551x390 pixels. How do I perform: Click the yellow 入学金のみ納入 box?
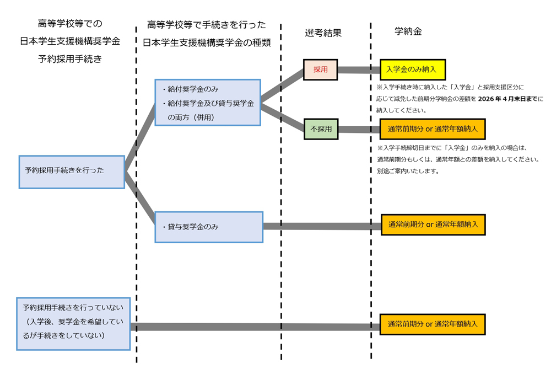[x=412, y=70]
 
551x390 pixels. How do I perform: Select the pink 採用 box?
[x=320, y=70]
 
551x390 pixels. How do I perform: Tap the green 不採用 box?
[x=321, y=129]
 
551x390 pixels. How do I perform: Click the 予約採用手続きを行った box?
[x=72, y=172]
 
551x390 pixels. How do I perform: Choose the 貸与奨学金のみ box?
[x=208, y=227]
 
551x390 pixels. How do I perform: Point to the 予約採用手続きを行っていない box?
[x=73, y=323]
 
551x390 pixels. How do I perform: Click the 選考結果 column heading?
[x=323, y=33]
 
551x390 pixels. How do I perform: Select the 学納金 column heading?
[x=408, y=31]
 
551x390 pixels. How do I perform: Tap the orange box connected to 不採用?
[x=432, y=129]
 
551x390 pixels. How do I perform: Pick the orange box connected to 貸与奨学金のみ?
[x=433, y=225]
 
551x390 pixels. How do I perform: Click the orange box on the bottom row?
[x=432, y=324]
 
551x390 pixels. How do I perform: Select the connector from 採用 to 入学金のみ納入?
[x=359, y=70]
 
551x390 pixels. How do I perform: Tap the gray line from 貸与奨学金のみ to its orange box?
[x=322, y=226]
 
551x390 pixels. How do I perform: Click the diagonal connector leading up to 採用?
[x=282, y=87]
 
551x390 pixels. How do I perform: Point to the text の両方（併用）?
[x=191, y=117]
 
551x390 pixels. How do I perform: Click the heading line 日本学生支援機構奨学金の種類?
[x=207, y=42]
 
